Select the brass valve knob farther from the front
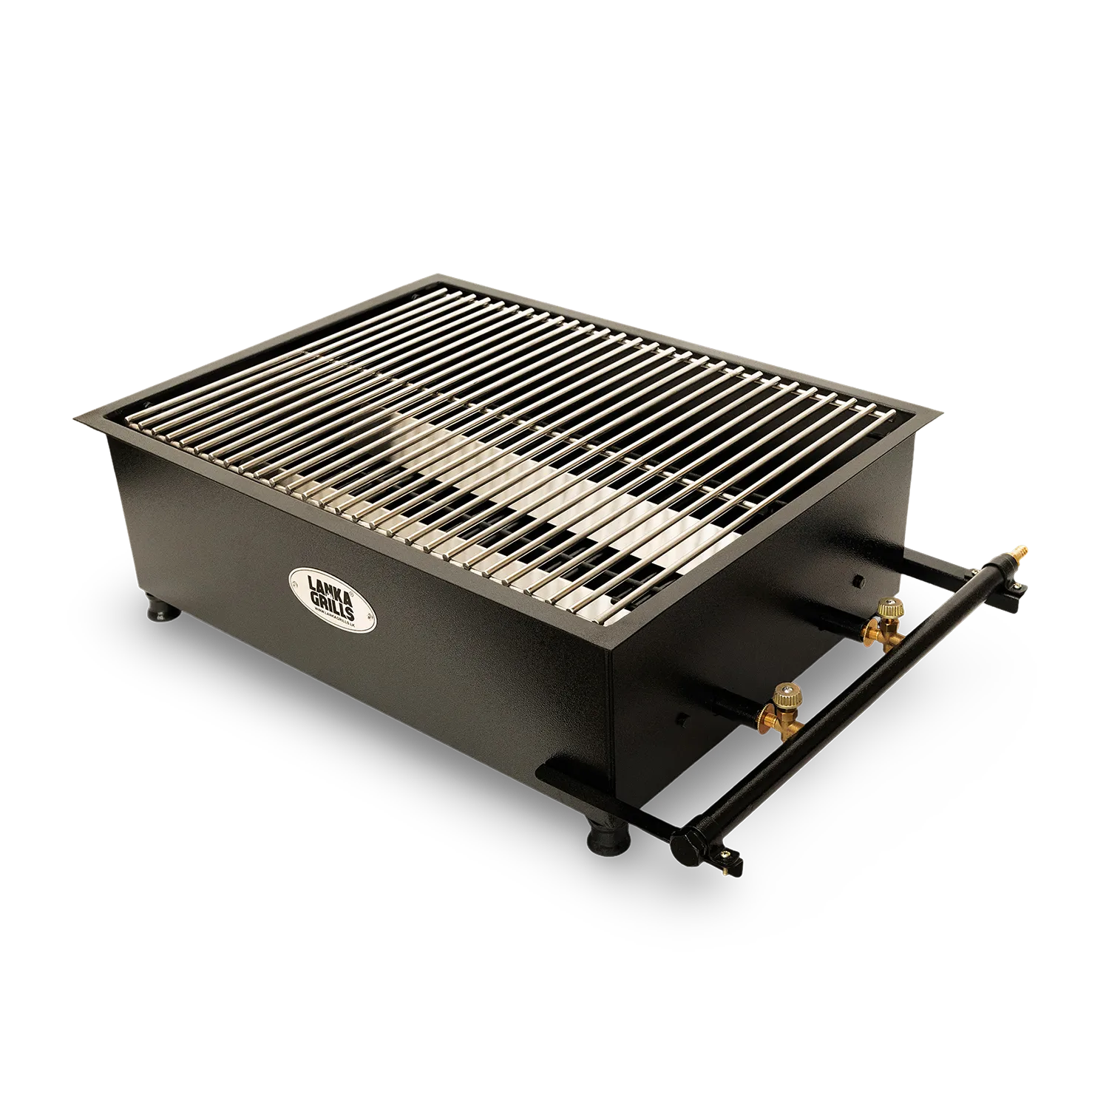click(889, 608)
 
